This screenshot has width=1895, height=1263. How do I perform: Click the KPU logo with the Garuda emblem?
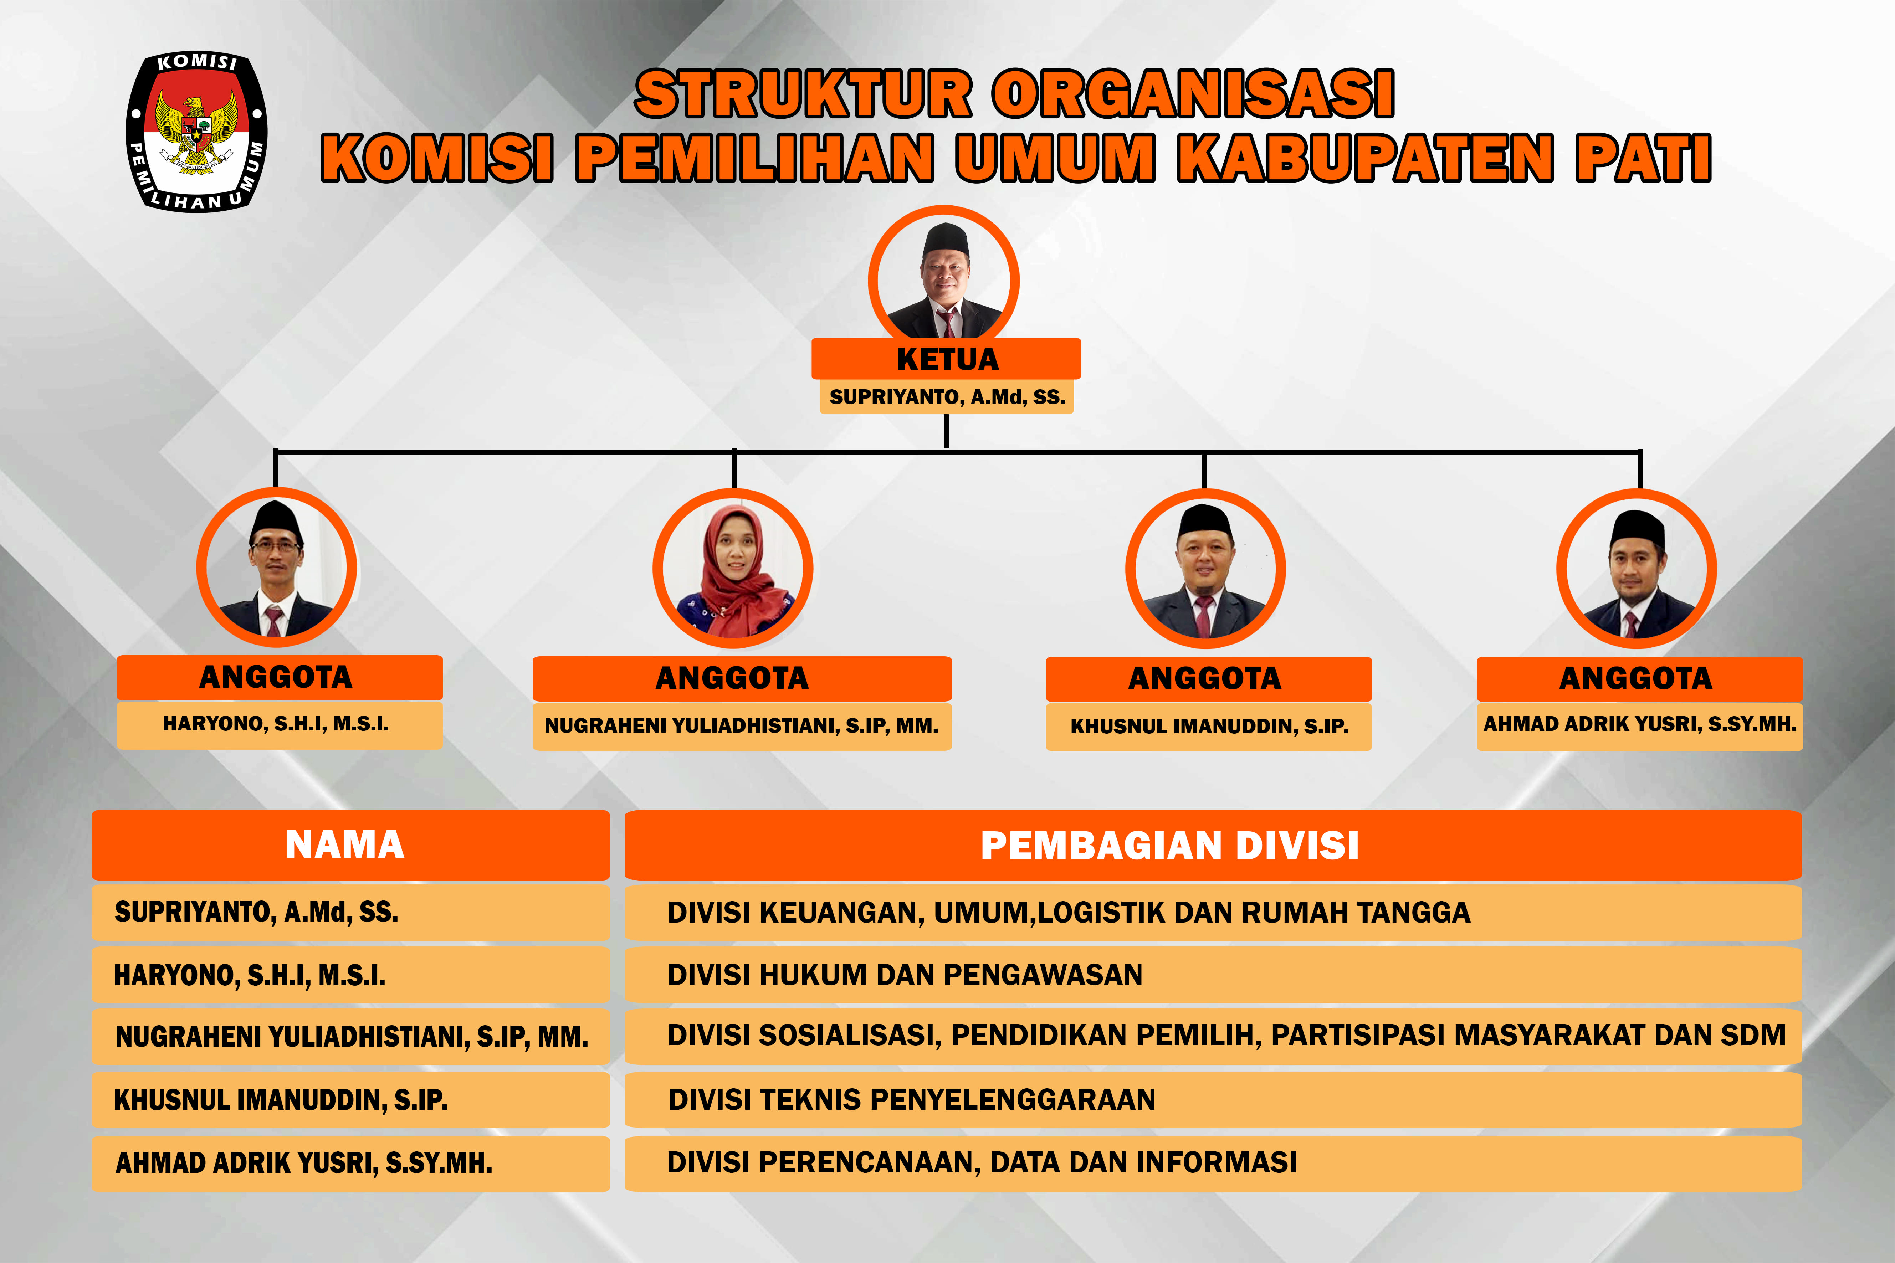point(196,131)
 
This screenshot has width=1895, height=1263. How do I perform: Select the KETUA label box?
point(946,359)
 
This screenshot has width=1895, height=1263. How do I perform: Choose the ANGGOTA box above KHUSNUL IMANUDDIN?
point(1208,678)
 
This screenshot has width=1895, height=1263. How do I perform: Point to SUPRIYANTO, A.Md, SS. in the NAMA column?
point(256,912)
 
